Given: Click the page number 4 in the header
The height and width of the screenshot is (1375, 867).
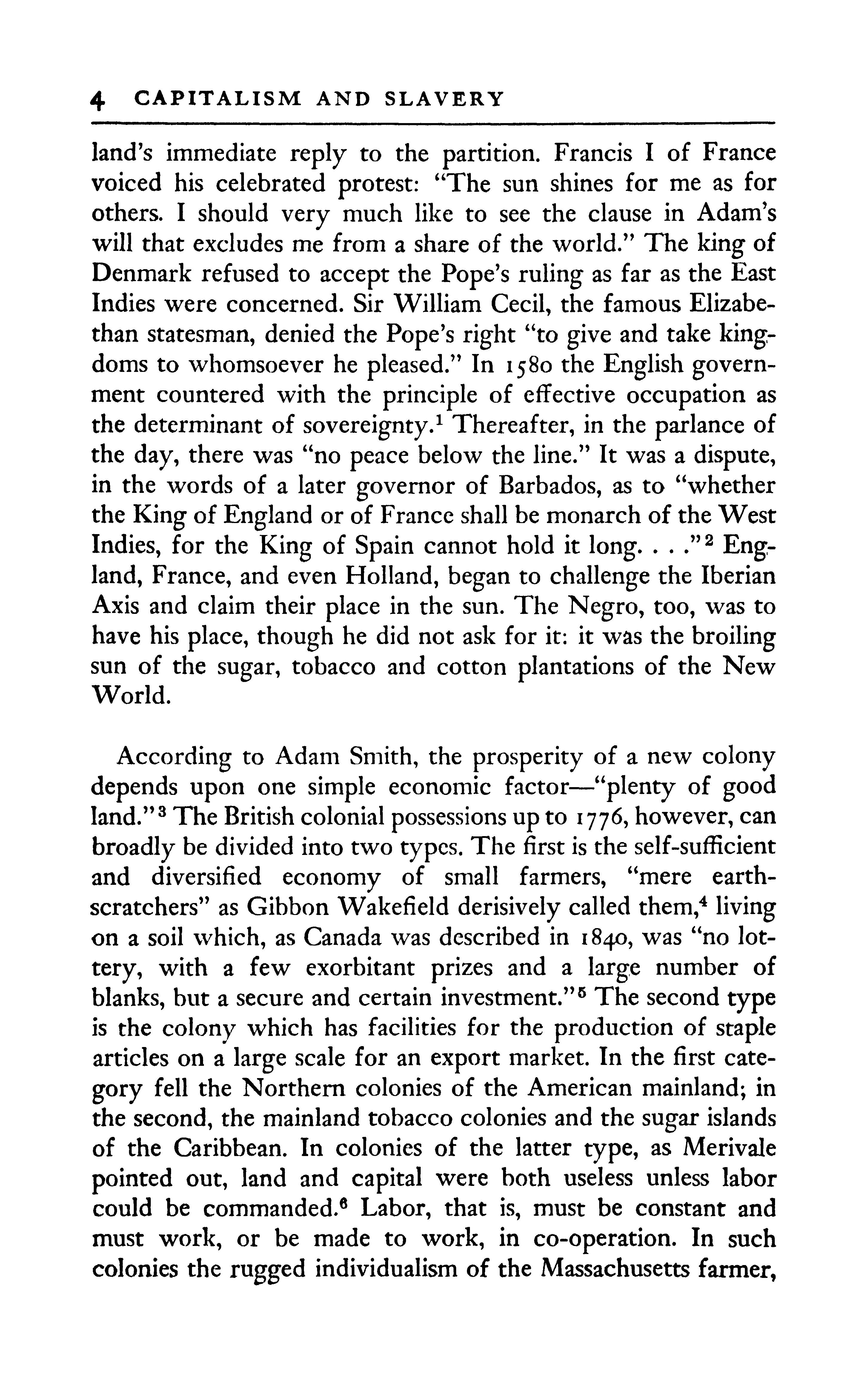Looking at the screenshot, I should coord(98,99).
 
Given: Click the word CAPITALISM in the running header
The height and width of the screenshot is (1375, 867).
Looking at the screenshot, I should coord(217,98).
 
